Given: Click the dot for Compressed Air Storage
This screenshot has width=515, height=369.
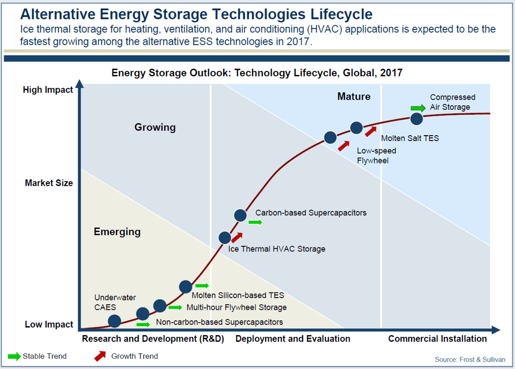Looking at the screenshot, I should (417, 119).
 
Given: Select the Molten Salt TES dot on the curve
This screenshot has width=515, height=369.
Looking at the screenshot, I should (357, 128).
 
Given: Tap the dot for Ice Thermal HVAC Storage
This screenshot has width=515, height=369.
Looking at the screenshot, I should (225, 238).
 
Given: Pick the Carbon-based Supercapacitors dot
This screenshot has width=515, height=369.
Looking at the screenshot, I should (240, 216).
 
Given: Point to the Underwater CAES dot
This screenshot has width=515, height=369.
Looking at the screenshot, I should (114, 321).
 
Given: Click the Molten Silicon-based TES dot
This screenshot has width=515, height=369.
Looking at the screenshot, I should (185, 286).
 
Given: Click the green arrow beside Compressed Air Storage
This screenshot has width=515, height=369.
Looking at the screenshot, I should (418, 108).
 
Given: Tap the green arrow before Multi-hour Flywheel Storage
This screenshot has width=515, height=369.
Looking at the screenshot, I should (175, 307).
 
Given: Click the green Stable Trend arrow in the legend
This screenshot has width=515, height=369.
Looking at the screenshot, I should (14, 356).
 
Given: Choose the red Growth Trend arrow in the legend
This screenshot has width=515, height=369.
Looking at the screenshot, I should (100, 356).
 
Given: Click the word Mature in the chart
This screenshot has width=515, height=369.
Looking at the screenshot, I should (354, 97).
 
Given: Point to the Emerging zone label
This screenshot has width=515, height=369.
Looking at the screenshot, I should (117, 232).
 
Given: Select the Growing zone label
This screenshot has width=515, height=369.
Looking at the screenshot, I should (155, 127).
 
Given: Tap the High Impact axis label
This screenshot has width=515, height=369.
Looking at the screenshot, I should (48, 90).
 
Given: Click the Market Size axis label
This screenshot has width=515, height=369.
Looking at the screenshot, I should (49, 183).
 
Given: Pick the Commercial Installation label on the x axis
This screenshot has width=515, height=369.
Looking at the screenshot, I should (437, 338).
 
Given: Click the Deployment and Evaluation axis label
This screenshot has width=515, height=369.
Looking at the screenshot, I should (292, 338).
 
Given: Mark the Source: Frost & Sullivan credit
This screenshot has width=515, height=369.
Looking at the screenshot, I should (470, 359).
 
